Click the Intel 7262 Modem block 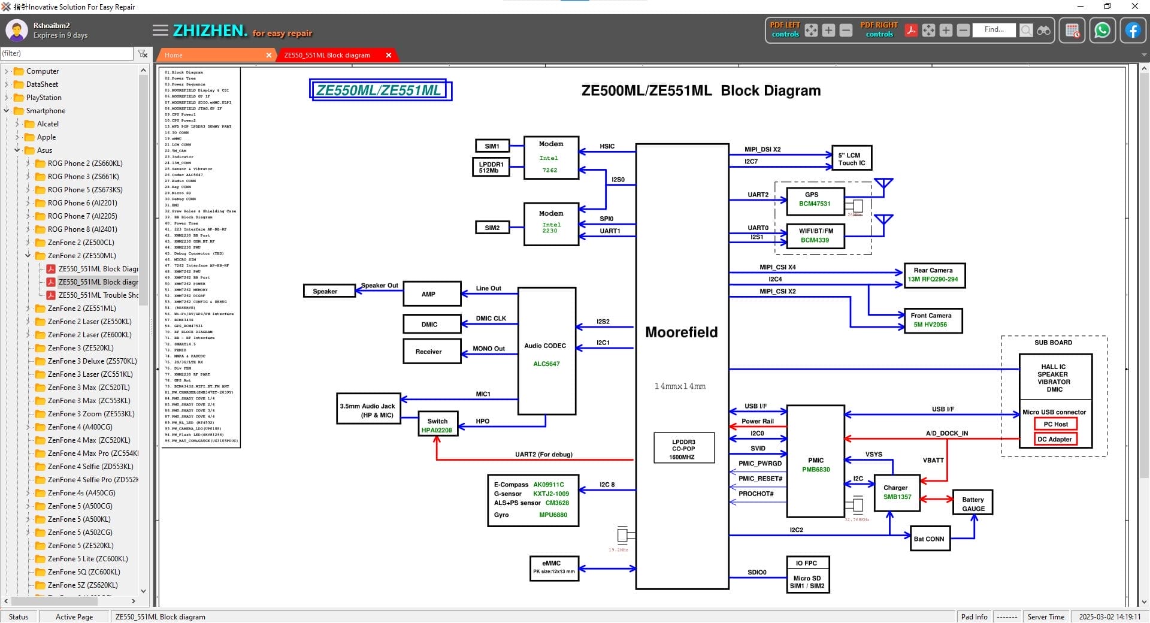click(x=550, y=158)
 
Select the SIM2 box click(x=492, y=228)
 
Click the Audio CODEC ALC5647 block click(x=546, y=351)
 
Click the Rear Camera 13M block click(x=933, y=275)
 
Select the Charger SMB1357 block click(x=897, y=492)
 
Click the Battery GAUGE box click(x=973, y=504)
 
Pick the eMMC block click(x=553, y=567)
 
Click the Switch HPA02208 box click(x=437, y=425)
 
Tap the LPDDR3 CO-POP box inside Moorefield click(x=683, y=449)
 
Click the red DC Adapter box click(x=1054, y=439)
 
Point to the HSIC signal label click(x=607, y=146)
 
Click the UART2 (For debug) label click(x=543, y=455)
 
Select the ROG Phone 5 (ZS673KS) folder click(x=84, y=190)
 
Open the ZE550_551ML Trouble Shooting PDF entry click(x=98, y=295)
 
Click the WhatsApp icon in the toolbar click(x=1101, y=31)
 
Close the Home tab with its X click(x=268, y=55)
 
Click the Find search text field click(x=994, y=30)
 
